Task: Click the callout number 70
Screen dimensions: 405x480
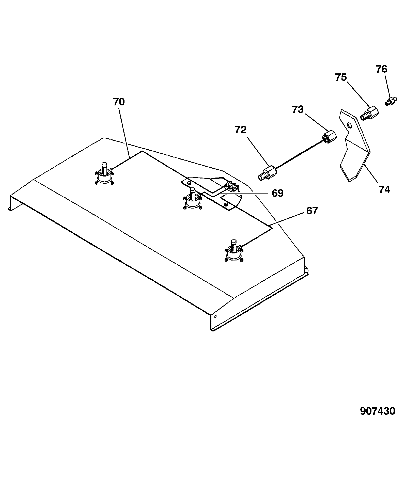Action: coord(119,102)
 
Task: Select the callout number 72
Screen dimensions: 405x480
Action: coord(241,130)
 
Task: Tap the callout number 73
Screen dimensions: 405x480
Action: coord(298,110)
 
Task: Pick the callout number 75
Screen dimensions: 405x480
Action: coord(341,77)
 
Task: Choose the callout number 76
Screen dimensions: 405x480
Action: coord(381,69)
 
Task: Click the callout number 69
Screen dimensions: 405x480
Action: coord(277,193)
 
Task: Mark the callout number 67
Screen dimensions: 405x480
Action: coord(312,211)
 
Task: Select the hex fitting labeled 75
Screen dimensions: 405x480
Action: coord(369,113)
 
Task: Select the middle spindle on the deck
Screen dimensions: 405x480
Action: coord(193,199)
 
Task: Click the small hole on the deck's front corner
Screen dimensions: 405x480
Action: coord(215,316)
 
